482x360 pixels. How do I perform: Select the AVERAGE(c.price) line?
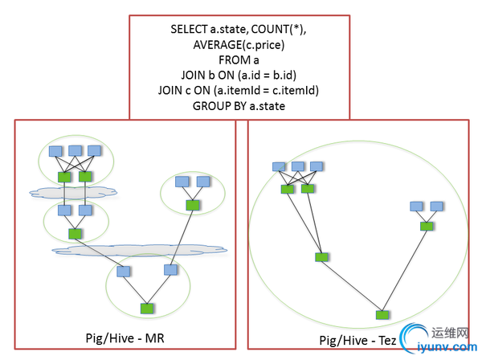[x=239, y=44]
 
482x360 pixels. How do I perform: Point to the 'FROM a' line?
[x=239, y=59]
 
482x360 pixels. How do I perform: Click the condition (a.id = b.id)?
[x=261, y=75]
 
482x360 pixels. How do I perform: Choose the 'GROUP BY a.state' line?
[x=239, y=105]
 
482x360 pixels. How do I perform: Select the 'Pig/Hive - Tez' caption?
[x=356, y=339]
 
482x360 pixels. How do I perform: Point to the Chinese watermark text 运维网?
[x=452, y=331]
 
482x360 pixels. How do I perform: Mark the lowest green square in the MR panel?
[x=146, y=308]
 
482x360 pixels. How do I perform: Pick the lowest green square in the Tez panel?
[x=382, y=313]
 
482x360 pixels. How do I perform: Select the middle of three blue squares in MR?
[x=76, y=150]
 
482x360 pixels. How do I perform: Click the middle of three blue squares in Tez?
[x=298, y=166]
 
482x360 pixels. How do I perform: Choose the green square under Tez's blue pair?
[x=426, y=226]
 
